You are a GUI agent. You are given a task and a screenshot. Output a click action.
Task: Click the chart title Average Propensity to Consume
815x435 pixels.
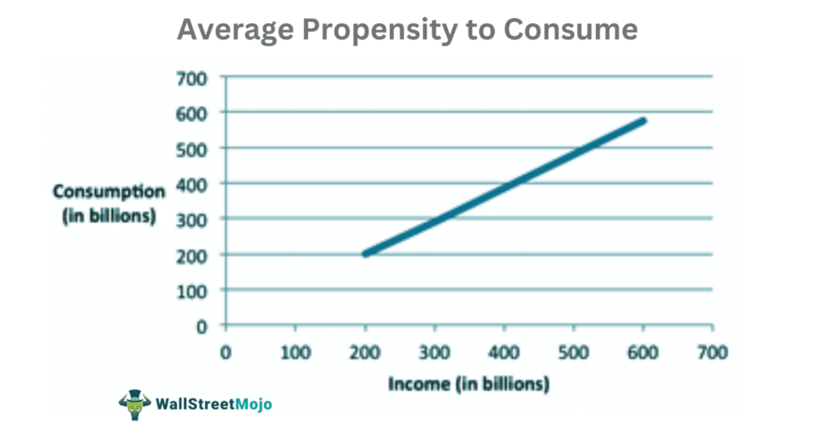pyautogui.click(x=407, y=29)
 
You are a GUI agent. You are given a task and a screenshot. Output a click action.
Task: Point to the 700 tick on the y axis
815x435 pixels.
pyautogui.click(x=191, y=77)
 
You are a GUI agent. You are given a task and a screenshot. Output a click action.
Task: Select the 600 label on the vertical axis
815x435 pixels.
pyautogui.click(x=191, y=112)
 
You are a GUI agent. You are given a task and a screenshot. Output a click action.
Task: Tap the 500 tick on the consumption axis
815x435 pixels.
pyautogui.click(x=191, y=148)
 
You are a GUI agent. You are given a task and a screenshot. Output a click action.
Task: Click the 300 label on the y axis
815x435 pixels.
pyautogui.click(x=191, y=219)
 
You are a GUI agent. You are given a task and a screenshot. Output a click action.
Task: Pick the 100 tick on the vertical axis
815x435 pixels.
pyautogui.click(x=191, y=290)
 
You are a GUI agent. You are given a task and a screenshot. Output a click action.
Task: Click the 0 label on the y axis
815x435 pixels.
pyautogui.click(x=201, y=325)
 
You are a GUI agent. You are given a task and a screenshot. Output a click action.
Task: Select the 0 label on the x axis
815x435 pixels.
pyautogui.click(x=226, y=351)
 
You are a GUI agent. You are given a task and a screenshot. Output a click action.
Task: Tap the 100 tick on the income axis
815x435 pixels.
pyautogui.click(x=295, y=351)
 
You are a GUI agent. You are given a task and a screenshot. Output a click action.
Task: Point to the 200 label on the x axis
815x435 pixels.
pyautogui.click(x=365, y=351)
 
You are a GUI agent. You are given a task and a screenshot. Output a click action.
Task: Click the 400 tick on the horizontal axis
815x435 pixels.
pyautogui.click(x=504, y=351)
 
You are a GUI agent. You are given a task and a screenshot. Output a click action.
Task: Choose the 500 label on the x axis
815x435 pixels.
pyautogui.click(x=573, y=351)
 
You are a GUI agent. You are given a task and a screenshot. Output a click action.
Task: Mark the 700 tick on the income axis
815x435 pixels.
pyautogui.click(x=712, y=351)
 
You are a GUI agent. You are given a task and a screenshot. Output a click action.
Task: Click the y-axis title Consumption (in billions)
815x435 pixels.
pyautogui.click(x=109, y=203)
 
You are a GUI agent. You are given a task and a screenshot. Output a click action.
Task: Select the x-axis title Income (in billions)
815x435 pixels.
pyautogui.click(x=469, y=384)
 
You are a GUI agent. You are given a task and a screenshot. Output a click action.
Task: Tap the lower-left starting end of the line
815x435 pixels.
pyautogui.click(x=365, y=253)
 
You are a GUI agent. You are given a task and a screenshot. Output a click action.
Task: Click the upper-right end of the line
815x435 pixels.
pyautogui.click(x=642, y=121)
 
